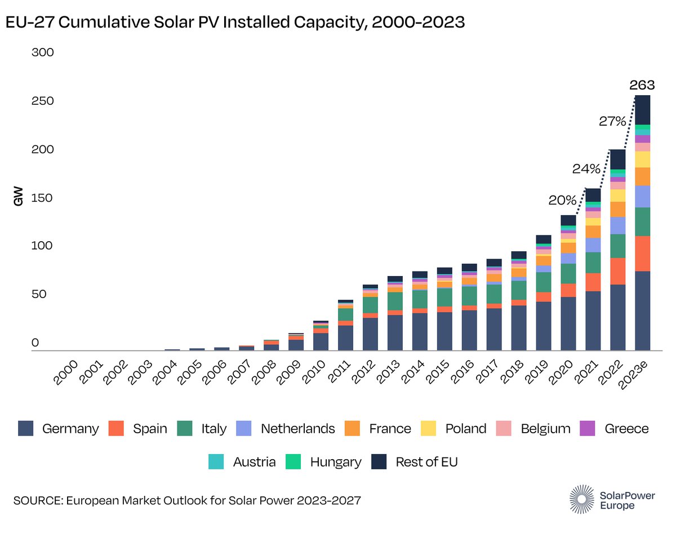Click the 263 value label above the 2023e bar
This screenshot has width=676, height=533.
642,86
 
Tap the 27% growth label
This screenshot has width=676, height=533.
612,121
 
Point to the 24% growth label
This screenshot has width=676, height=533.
587,168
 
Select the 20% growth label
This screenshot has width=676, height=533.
562,201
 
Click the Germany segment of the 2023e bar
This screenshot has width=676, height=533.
642,310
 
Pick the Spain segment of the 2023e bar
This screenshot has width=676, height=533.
642,254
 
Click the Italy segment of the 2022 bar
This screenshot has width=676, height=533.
617,246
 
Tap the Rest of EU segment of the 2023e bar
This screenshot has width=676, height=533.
642,110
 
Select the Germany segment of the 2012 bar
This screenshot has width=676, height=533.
370,334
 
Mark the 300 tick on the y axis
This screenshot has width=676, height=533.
42,53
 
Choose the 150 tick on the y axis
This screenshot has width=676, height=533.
42,198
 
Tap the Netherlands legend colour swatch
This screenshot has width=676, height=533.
243,429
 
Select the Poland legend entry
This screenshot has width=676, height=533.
465,429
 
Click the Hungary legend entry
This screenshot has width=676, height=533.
335,462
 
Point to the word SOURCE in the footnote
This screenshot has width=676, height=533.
36,500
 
